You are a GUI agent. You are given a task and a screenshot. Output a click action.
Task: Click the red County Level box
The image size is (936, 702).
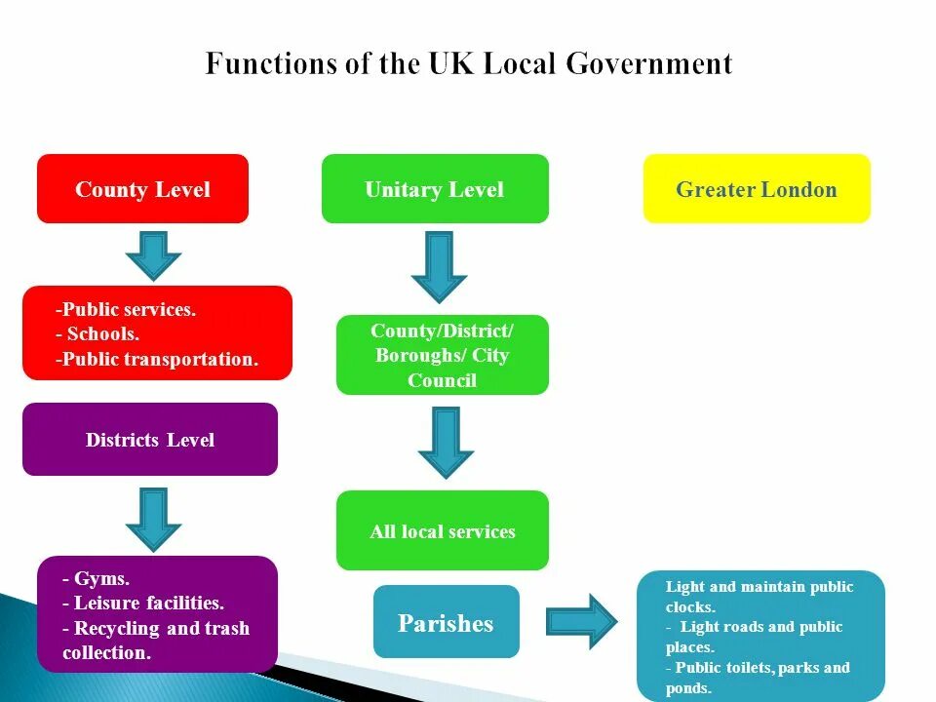point(142,188)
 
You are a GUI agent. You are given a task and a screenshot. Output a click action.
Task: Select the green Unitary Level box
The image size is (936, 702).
point(435,188)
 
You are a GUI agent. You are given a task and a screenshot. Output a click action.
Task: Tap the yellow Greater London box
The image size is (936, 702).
point(757,188)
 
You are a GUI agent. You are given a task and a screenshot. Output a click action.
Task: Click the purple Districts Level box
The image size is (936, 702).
point(150,440)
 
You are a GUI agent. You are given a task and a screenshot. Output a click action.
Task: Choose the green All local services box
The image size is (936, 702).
point(443,531)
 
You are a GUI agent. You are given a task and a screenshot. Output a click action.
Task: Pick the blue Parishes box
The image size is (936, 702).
point(446,622)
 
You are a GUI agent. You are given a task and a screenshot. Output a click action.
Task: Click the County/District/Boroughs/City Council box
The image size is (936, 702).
point(443,355)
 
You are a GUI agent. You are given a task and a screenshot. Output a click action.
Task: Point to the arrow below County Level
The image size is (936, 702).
point(153,254)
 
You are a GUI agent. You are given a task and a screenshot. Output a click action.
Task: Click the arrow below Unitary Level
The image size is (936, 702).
point(439,265)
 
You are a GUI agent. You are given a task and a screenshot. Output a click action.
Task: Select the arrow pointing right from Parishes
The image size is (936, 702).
point(581,621)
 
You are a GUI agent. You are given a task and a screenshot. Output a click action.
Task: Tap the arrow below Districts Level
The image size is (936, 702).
point(153,518)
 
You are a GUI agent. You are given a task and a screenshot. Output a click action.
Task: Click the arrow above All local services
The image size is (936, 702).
point(446,442)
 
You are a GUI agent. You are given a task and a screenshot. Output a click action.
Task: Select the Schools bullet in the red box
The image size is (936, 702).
point(102,333)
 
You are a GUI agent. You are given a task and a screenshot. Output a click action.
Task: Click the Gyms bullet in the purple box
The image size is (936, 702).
point(100,578)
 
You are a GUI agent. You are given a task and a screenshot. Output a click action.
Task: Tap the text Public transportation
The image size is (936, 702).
point(161,359)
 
